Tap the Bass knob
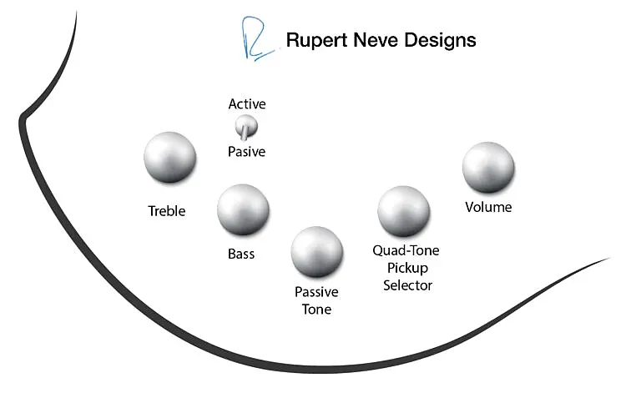[243, 210]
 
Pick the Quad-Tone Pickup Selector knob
[404, 212]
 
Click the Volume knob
[488, 167]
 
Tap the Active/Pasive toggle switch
[246, 128]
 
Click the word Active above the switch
[247, 104]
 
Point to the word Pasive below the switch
[247, 152]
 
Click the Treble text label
[167, 211]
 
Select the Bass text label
[241, 254]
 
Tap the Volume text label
[488, 207]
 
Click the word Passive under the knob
[316, 292]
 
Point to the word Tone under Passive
[316, 310]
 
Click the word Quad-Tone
[406, 250]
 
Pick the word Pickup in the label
[406, 268]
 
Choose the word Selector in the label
[407, 285]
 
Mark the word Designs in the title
[439, 40]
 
